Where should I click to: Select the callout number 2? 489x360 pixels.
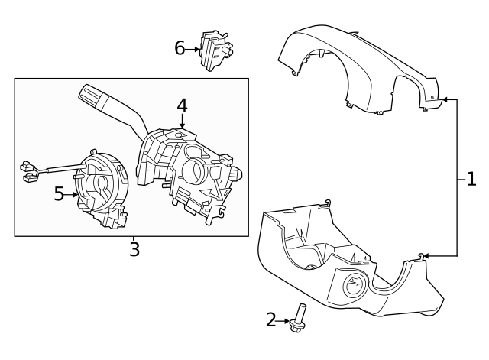271,319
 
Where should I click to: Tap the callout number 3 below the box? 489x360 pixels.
134,249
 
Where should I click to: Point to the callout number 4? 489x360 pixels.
182,105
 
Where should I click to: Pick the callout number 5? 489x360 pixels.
60,194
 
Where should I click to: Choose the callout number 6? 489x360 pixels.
180,48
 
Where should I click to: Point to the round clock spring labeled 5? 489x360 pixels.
99,186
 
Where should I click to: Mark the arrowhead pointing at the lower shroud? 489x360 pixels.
425,255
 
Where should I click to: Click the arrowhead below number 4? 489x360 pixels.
182,124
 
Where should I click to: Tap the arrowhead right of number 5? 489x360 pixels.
75,194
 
